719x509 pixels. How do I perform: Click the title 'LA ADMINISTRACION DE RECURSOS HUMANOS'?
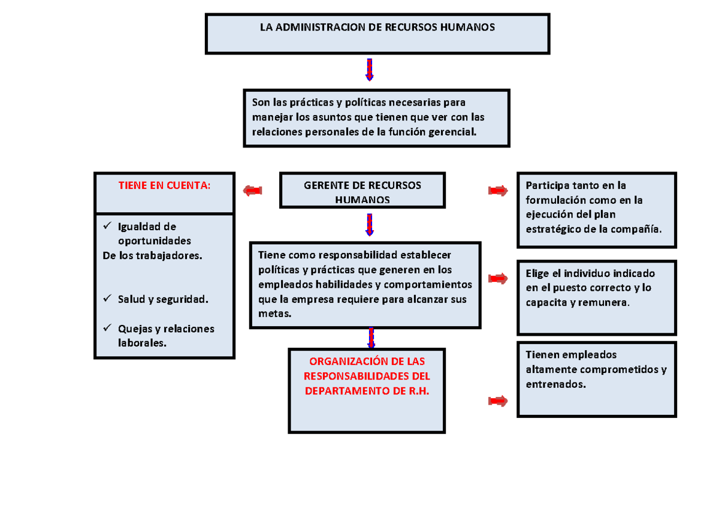377,28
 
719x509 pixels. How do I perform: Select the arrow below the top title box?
370,70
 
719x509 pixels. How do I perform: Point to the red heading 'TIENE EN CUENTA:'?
164,186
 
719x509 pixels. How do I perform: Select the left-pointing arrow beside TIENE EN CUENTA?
253,191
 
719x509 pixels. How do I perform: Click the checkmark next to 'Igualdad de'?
107,226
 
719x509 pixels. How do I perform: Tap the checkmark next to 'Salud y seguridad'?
107,298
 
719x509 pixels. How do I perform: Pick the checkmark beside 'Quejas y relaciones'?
107,328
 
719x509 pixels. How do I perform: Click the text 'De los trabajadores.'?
153,256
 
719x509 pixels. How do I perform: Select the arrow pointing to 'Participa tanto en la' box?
498,191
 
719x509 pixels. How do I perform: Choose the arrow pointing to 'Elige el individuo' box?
498,278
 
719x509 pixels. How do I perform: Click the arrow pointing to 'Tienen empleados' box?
498,400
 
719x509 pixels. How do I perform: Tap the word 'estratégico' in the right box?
554,229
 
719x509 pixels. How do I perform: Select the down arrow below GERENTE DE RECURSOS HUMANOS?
370,225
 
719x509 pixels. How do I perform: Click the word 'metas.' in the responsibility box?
274,314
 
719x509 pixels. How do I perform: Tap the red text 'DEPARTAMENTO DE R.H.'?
367,390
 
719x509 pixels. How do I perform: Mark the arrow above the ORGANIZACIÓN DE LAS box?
371,338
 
